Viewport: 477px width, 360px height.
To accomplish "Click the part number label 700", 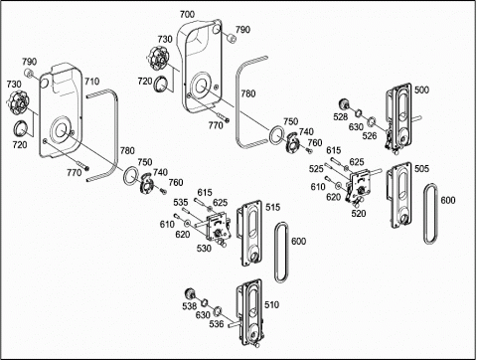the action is (x=187, y=15).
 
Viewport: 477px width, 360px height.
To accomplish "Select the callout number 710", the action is (x=91, y=82).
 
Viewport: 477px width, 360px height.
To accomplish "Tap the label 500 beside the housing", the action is (x=421, y=90).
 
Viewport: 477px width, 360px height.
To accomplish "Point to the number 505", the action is (x=421, y=169).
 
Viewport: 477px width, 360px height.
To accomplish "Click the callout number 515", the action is (x=272, y=207).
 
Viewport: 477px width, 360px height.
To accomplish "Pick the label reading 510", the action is (x=271, y=304).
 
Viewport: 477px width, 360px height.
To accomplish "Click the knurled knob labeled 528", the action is (x=345, y=104).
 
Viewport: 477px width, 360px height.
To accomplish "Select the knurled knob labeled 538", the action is (x=190, y=294).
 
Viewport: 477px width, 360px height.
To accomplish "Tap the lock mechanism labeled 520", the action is (x=357, y=187).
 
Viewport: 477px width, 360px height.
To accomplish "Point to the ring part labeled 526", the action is (x=371, y=121).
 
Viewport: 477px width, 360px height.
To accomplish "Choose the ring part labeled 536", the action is (x=218, y=311).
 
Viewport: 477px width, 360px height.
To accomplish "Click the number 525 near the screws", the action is (x=316, y=169).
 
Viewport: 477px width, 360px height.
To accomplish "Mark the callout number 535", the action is (x=181, y=202).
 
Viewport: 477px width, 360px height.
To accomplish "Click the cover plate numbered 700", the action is (x=201, y=67).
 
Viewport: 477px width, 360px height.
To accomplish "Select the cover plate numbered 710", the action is (x=61, y=111).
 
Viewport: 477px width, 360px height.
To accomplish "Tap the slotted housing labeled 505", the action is (x=399, y=195).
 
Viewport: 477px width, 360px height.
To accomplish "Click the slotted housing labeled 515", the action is (x=249, y=233).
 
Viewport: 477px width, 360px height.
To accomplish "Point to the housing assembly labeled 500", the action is (x=399, y=116).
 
